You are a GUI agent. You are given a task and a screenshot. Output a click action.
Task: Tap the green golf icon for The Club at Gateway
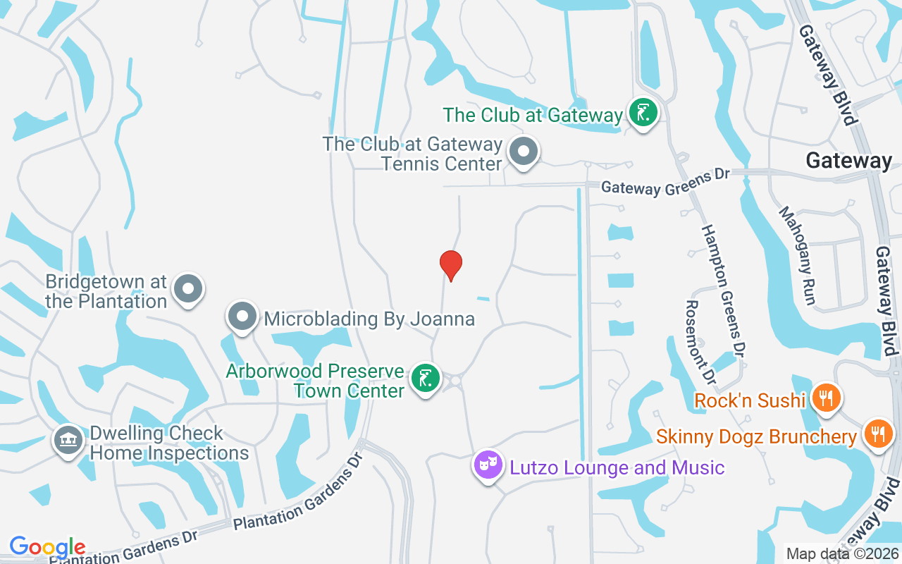(x=643, y=113)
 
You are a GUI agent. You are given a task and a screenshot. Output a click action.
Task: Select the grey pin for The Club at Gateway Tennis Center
(x=523, y=152)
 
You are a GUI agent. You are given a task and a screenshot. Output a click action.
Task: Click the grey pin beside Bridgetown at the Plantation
(x=187, y=288)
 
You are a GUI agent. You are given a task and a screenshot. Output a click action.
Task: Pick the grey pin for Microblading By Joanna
(x=243, y=317)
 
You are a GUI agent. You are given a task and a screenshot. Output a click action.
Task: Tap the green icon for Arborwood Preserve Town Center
(x=424, y=379)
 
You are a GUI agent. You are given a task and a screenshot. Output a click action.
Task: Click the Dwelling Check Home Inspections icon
(x=68, y=441)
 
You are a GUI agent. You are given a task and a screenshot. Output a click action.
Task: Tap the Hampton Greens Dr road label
(x=724, y=289)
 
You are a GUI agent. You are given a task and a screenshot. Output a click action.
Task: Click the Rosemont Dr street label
(x=700, y=342)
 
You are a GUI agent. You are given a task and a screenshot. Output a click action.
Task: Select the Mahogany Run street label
(x=797, y=255)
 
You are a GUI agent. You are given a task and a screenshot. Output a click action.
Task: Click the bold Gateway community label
(x=848, y=161)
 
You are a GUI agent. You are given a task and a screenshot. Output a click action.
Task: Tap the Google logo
(x=47, y=547)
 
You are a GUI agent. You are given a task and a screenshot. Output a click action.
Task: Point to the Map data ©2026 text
(x=842, y=553)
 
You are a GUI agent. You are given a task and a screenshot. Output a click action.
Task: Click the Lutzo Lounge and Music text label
(x=617, y=467)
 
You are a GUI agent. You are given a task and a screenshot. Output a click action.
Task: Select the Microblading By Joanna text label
(x=369, y=319)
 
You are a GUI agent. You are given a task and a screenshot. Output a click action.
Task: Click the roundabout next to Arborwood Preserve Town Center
(x=455, y=381)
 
